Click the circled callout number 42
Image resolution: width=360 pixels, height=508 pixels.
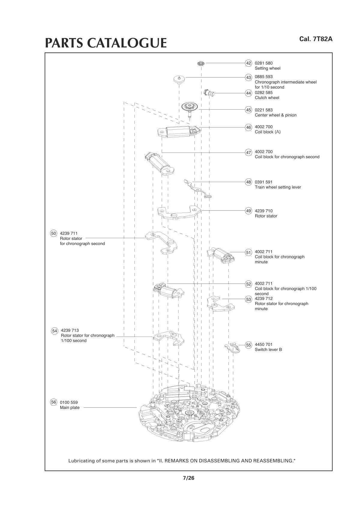[248, 63]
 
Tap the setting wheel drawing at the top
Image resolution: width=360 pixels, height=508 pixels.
[201, 64]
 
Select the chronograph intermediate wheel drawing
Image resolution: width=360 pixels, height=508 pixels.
[179, 79]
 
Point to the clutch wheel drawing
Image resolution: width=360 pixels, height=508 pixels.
[209, 93]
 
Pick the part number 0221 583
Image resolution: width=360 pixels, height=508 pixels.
[264, 110]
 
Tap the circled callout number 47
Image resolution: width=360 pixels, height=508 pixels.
[248, 153]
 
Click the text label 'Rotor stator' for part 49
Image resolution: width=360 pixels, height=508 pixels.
[266, 216]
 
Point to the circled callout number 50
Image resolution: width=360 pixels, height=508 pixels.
[53, 233]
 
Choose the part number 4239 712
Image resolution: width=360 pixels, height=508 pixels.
[264, 298]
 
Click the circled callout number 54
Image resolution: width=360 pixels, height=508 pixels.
[54, 331]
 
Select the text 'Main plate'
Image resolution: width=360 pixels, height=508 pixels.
[70, 407]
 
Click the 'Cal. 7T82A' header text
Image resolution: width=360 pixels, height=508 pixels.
[316, 39]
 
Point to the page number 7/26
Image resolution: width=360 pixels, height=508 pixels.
[189, 478]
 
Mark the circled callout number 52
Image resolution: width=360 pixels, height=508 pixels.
[248, 284]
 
